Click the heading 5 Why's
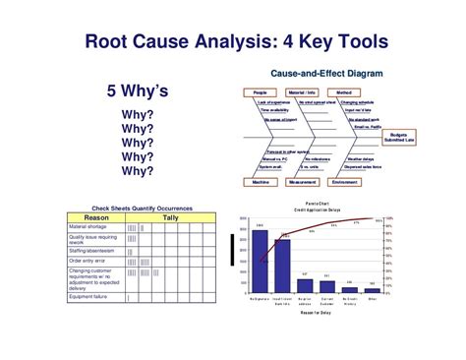tap(137, 91)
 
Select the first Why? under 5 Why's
tap(137, 115)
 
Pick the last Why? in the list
tap(137, 170)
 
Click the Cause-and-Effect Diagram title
tap(325, 74)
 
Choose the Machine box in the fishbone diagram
tap(260, 182)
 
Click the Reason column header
tap(94, 217)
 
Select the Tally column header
tap(169, 217)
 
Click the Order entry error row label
tap(89, 260)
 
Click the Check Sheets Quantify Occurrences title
tap(142, 209)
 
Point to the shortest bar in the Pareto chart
tap(373, 290)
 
